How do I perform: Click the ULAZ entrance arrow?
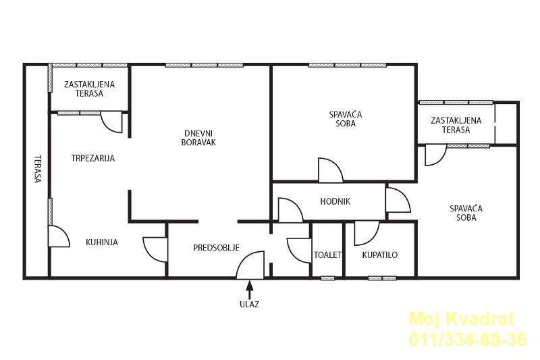coord(250,289)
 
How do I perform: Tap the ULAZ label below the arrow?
coord(249,304)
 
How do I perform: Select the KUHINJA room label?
coord(102,242)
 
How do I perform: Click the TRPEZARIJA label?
coord(93,158)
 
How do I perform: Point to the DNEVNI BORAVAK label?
coord(198,138)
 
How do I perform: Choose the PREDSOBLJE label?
coord(216,248)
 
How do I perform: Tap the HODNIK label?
coord(335,201)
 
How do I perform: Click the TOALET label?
coord(327,255)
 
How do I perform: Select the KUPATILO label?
coord(380,255)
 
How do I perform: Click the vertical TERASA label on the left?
coord(38,169)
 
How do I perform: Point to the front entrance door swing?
coord(250,265)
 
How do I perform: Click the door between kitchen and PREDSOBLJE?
coord(155,249)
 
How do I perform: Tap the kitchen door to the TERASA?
coord(59,236)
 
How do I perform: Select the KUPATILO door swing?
coord(367,233)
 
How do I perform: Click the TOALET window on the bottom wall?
coord(327,278)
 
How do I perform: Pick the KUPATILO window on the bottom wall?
coord(382,278)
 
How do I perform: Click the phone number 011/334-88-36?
coord(468,339)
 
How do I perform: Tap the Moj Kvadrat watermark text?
coord(462,319)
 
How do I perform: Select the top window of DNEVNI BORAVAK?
coord(205,65)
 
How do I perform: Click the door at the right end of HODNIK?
coord(398,200)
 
